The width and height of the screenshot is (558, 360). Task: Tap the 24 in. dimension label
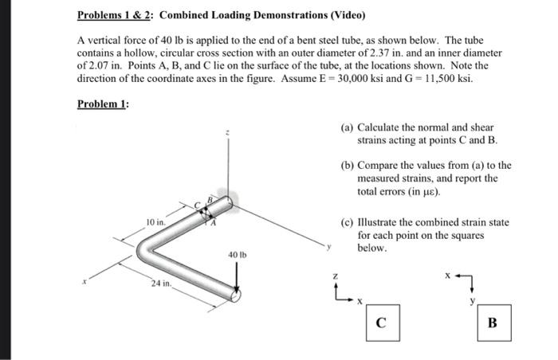pos(161,284)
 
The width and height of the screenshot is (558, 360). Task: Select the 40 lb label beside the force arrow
pos(237,256)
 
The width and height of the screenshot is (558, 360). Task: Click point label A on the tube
pos(212,224)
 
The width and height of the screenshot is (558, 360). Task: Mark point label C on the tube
pos(198,206)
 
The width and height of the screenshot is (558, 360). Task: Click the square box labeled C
pos(382,324)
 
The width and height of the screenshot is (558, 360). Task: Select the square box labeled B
pos(493,324)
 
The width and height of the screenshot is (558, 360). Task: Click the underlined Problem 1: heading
pos(104,104)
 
